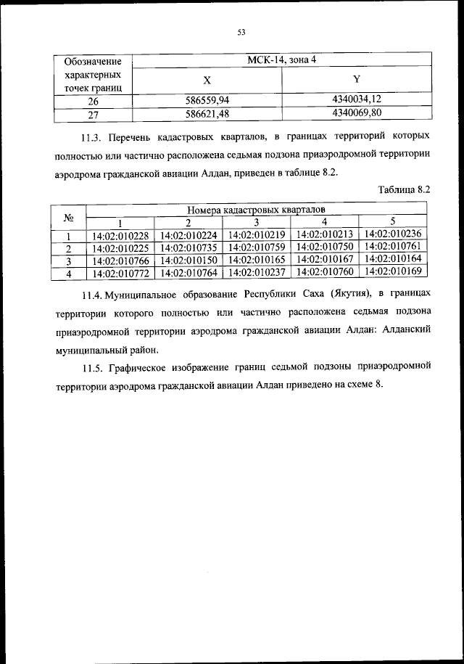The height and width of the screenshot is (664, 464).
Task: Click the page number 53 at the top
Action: (x=242, y=31)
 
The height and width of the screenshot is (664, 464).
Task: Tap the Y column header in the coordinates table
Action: (x=356, y=80)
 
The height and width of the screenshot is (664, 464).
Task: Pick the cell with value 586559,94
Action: (x=207, y=101)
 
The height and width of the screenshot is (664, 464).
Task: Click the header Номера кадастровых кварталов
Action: (x=256, y=210)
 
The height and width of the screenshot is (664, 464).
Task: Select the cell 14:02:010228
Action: (x=120, y=234)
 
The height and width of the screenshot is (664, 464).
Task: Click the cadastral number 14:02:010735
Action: (x=188, y=247)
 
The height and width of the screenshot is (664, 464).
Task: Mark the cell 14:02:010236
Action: (x=392, y=234)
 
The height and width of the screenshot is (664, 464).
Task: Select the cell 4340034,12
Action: (x=356, y=100)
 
